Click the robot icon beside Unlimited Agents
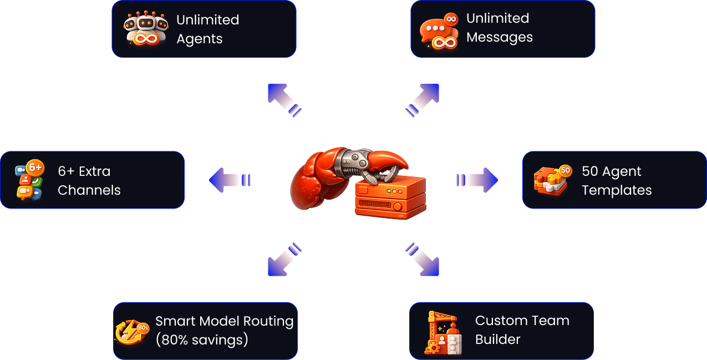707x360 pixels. [146, 29]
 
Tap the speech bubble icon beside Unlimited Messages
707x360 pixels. [439, 31]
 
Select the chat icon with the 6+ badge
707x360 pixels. [29, 180]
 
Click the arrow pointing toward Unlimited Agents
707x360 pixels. [283, 100]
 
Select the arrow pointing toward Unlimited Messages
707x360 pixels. [423, 100]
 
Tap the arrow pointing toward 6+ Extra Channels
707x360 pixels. [229, 180]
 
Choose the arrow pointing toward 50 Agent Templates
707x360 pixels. [478, 180]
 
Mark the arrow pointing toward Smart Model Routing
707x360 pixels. [283, 260]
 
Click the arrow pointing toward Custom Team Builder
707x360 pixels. [423, 260]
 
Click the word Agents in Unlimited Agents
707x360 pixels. [199, 39]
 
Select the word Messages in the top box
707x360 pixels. [499, 37]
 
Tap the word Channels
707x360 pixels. [89, 190]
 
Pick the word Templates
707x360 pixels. [617, 190]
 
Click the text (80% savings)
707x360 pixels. [202, 339]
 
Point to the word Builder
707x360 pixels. [497, 339]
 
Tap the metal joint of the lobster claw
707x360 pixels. [355, 160]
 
